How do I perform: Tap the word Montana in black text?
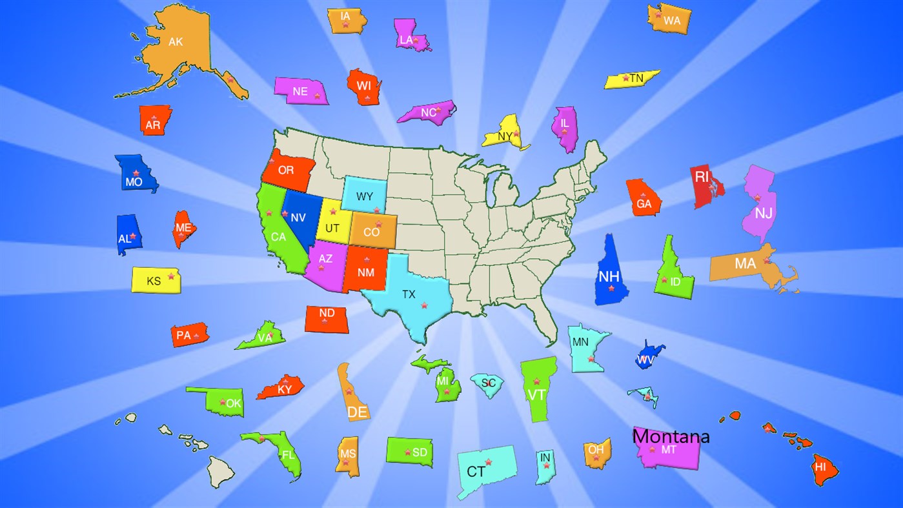671,437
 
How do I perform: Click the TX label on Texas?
409,294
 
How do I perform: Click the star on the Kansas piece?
171,276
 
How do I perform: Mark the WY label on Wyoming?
365,196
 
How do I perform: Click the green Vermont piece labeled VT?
537,390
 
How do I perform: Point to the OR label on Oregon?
285,170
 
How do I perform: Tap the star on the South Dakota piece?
407,452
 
